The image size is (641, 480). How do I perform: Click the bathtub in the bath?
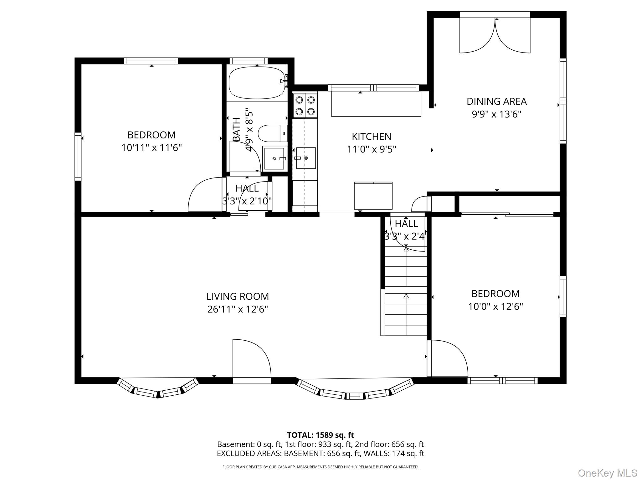(257, 83)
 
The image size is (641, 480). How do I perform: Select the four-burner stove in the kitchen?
(305, 106)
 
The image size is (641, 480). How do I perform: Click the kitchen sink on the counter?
(306, 158)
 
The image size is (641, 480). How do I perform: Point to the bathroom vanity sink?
(274, 158)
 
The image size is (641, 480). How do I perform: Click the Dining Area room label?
(496, 101)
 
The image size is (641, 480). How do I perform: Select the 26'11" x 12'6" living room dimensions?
(238, 309)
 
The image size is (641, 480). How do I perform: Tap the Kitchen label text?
(371, 137)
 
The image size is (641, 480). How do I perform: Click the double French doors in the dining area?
(495, 35)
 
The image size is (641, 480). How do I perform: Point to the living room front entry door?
(251, 359)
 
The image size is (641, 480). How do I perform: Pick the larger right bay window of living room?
(355, 391)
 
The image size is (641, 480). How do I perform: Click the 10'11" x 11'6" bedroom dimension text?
(151, 147)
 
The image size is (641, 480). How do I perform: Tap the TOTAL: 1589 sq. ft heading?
(320, 435)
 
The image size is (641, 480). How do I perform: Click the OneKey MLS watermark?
(607, 473)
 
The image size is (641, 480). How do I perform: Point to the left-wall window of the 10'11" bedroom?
(78, 156)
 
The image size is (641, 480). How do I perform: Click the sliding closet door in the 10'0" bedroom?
(507, 214)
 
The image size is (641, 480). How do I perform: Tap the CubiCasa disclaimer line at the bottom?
(320, 467)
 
